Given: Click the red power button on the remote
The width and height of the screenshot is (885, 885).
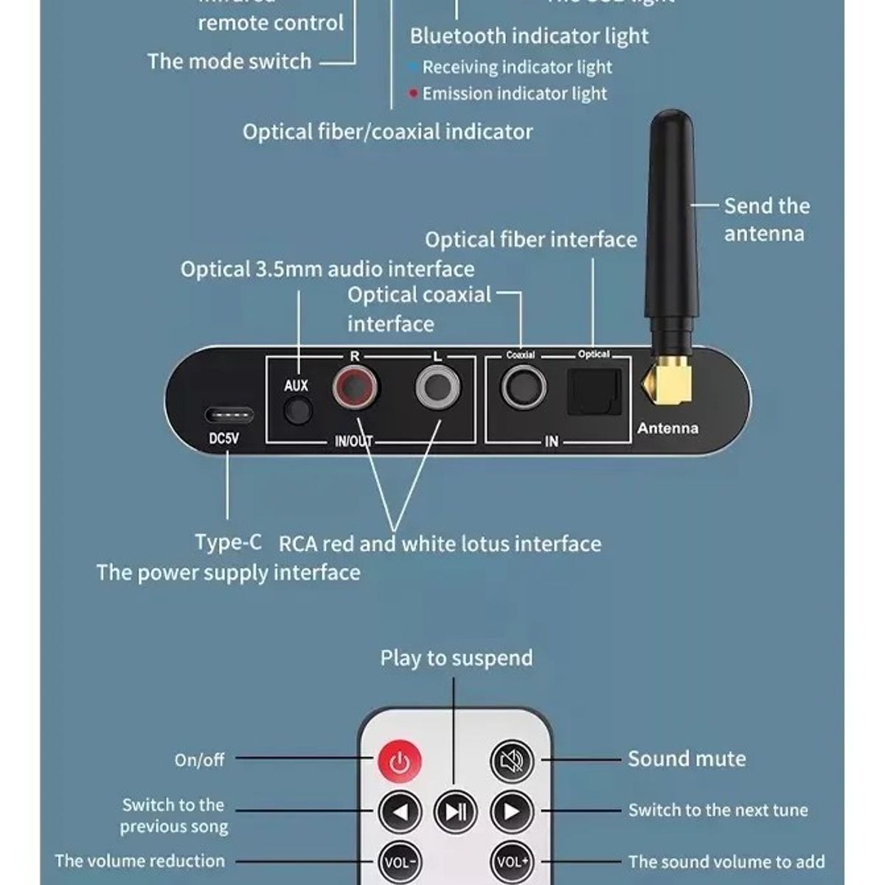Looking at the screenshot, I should pos(400,760).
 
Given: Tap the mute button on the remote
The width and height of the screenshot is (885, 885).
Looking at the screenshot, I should pos(512,760).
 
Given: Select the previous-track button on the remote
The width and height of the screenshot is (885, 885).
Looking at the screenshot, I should pos(400,812).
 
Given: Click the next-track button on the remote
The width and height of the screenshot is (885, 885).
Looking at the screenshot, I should pos(512,812).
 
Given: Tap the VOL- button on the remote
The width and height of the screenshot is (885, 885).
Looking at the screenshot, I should pos(400,861).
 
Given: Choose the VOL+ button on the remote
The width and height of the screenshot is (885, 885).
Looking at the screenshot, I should pos(512,861).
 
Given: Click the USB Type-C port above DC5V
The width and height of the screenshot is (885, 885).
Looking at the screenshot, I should pos(228,414).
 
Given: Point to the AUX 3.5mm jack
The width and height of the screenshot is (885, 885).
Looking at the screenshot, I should pos(298,410).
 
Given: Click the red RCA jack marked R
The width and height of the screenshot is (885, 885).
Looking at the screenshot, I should pos(355,388).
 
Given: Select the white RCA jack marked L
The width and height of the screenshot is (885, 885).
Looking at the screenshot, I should pos(437,388).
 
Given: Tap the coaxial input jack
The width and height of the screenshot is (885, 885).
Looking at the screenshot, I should pos(524,387).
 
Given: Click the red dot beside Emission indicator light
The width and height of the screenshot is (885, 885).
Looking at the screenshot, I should pos(414,94).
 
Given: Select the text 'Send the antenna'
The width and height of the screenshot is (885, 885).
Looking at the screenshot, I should pos(766,220).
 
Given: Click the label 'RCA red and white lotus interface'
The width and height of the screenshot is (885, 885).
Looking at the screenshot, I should pos(440,544).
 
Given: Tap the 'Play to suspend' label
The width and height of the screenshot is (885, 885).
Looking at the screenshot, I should pos(456,658).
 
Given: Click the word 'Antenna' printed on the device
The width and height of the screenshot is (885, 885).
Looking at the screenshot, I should pos(667,428).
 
